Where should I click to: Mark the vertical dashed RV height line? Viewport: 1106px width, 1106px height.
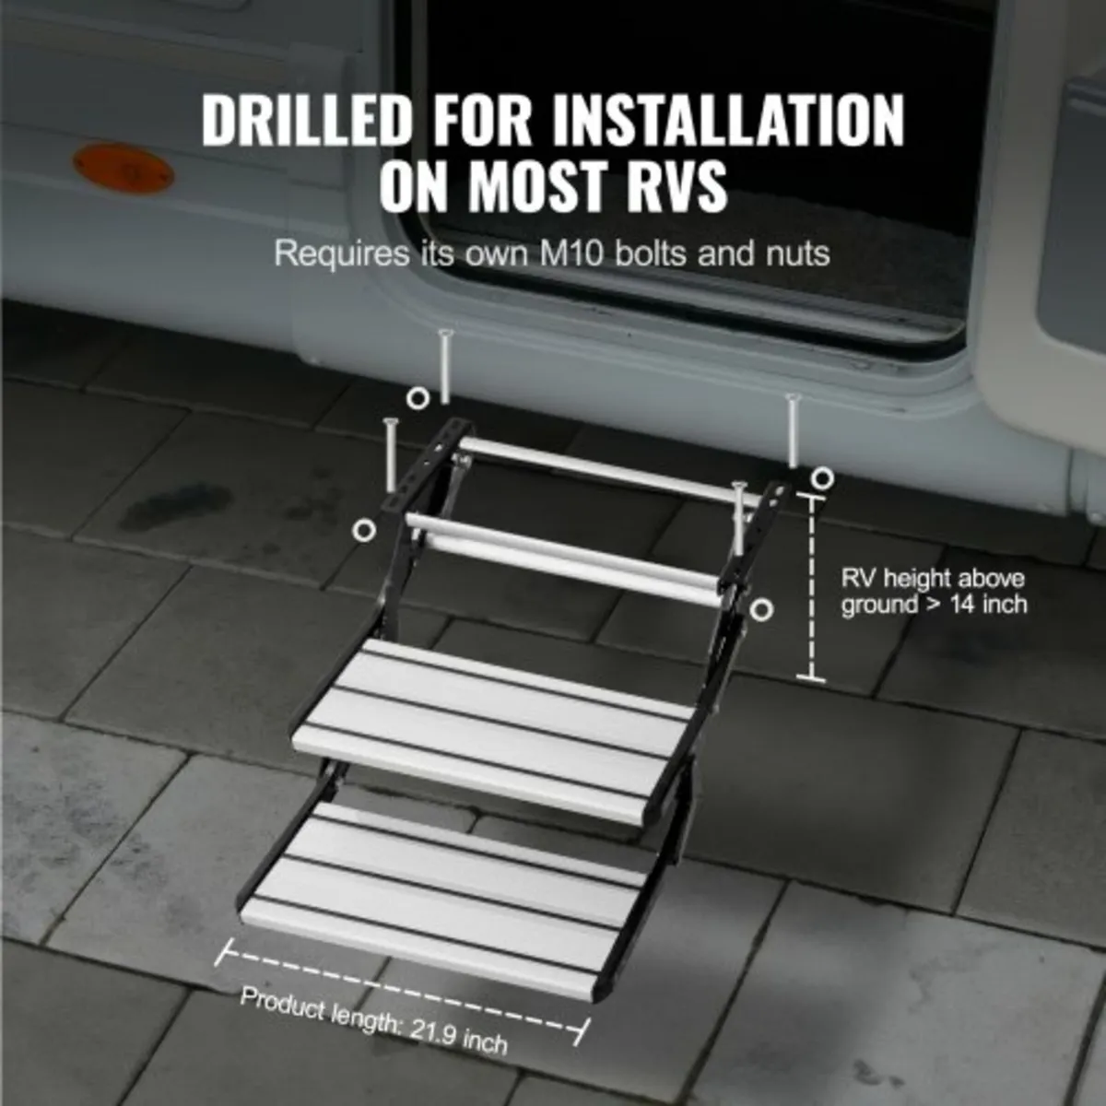point(811,586)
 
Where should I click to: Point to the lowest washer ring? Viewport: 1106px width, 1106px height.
point(761,609)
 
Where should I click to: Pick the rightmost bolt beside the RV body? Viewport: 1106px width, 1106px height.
point(792,429)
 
